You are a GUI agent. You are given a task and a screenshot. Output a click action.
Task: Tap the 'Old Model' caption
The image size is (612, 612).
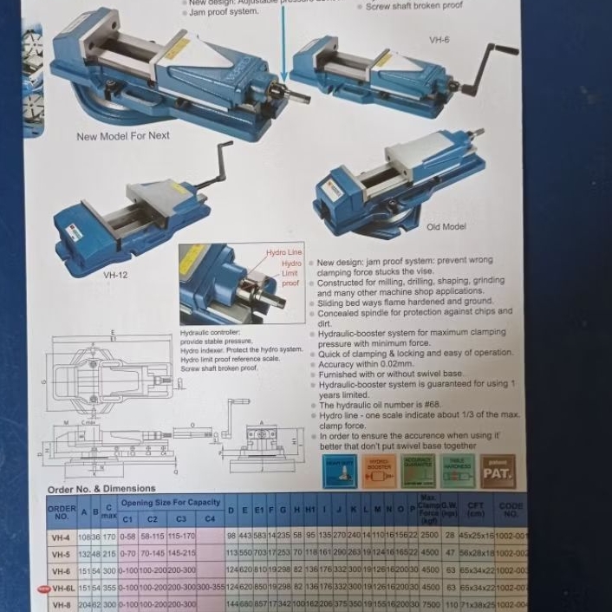(446, 227)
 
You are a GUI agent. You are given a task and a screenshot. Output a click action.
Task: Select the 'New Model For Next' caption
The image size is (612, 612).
(123, 136)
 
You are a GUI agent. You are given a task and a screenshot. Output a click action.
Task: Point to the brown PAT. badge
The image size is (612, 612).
(498, 472)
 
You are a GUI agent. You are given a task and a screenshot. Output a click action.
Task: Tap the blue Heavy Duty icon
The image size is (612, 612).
(339, 472)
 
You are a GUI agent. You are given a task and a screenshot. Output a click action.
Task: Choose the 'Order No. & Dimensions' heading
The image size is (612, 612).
(101, 489)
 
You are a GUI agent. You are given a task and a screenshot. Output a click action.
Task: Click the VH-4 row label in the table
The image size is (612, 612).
(61, 537)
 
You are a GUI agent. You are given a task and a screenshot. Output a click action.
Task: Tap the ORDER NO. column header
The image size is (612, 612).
(61, 511)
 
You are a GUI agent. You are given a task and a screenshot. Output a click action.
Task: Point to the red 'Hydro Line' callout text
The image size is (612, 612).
(284, 252)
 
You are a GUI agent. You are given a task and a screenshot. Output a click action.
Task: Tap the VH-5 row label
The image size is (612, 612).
(61, 553)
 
